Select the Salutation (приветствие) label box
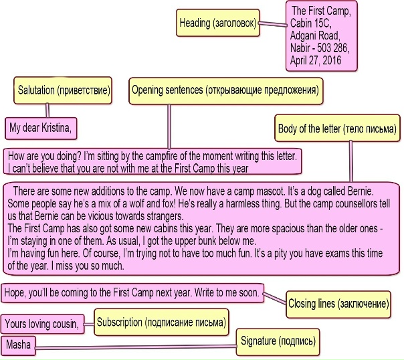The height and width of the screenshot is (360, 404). pyautogui.click(x=64, y=90)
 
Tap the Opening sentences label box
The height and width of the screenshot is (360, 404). pyautogui.click(x=224, y=90)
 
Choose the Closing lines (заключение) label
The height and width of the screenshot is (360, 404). pyautogui.click(x=338, y=304)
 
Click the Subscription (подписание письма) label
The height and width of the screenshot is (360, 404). pyautogui.click(x=161, y=323)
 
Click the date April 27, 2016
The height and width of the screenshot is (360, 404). pyautogui.click(x=315, y=60)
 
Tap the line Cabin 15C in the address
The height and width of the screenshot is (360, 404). pyautogui.click(x=309, y=24)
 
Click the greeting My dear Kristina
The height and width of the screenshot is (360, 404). pyautogui.click(x=39, y=126)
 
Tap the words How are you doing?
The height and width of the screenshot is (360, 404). pyautogui.click(x=39, y=155)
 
